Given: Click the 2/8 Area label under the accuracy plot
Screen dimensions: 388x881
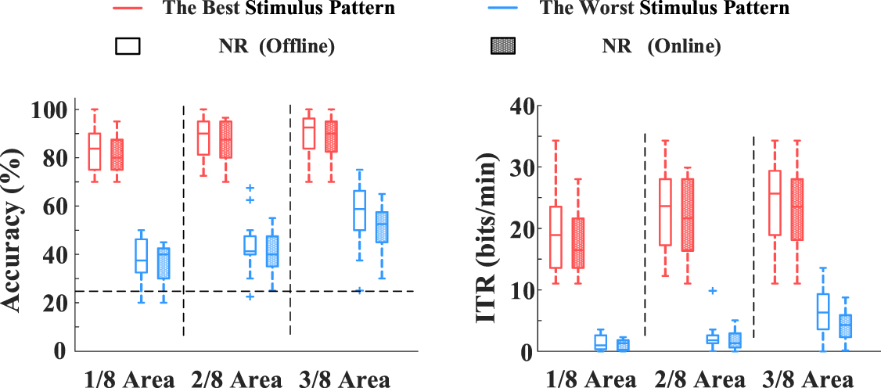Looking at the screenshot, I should point(236,379).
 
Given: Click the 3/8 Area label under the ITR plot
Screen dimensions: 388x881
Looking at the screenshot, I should point(805,379).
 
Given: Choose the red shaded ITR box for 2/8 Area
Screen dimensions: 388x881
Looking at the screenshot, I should point(688,214).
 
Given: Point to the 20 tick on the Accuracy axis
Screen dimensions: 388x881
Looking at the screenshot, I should point(59,303).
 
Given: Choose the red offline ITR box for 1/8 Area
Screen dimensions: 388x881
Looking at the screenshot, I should point(556,237).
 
